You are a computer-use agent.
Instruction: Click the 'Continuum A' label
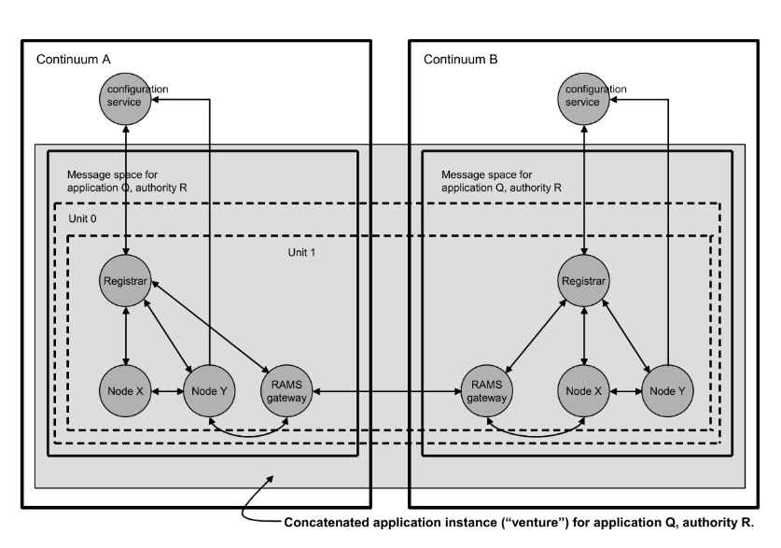coord(73,60)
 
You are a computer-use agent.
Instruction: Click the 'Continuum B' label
coord(461,60)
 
